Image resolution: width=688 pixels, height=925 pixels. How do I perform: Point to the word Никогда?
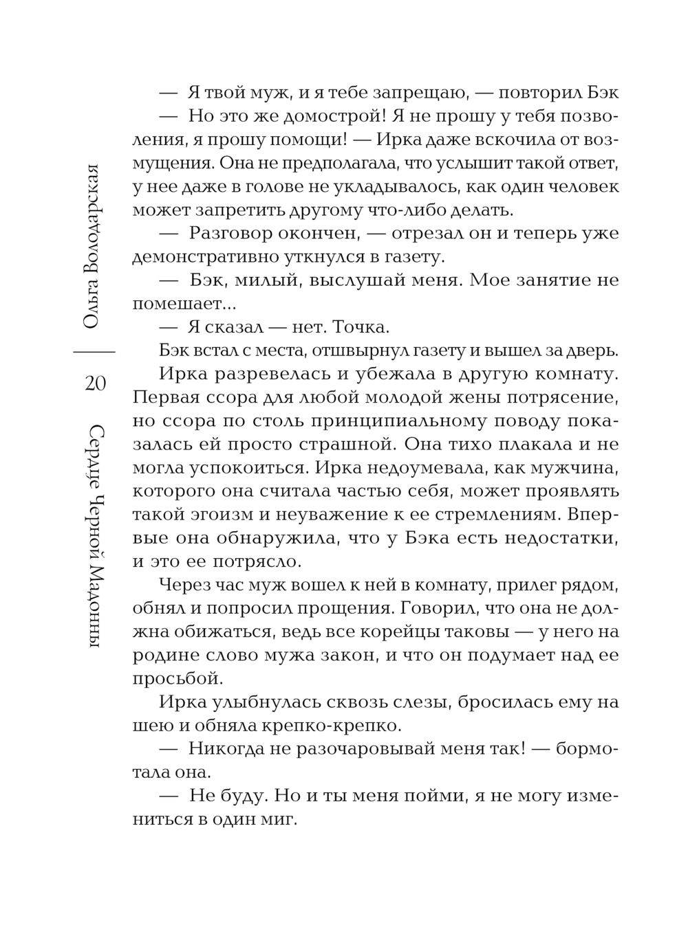(226, 749)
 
